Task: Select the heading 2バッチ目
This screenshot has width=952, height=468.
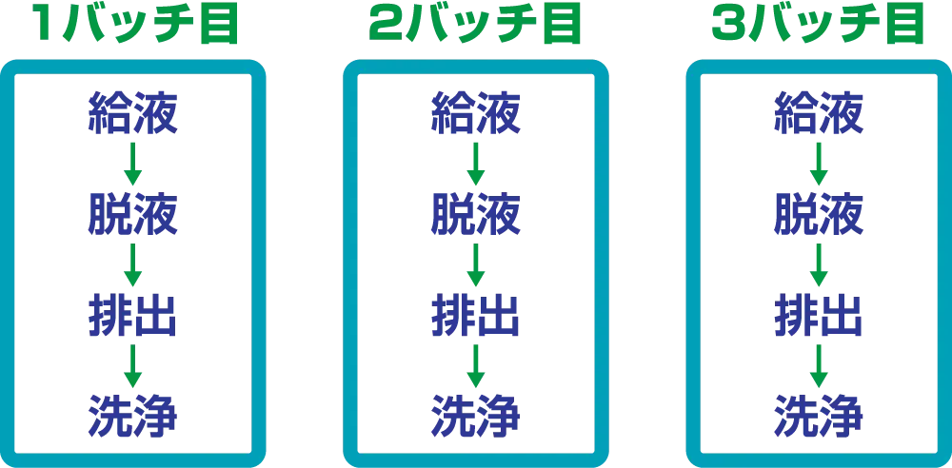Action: click(475, 26)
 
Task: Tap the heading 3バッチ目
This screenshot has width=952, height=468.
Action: click(818, 26)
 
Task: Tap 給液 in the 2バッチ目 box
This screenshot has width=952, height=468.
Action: click(475, 112)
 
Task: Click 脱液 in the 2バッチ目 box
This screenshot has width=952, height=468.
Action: click(475, 214)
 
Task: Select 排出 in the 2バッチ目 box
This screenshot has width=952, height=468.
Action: click(475, 314)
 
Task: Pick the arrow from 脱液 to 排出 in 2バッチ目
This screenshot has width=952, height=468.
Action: click(475, 263)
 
